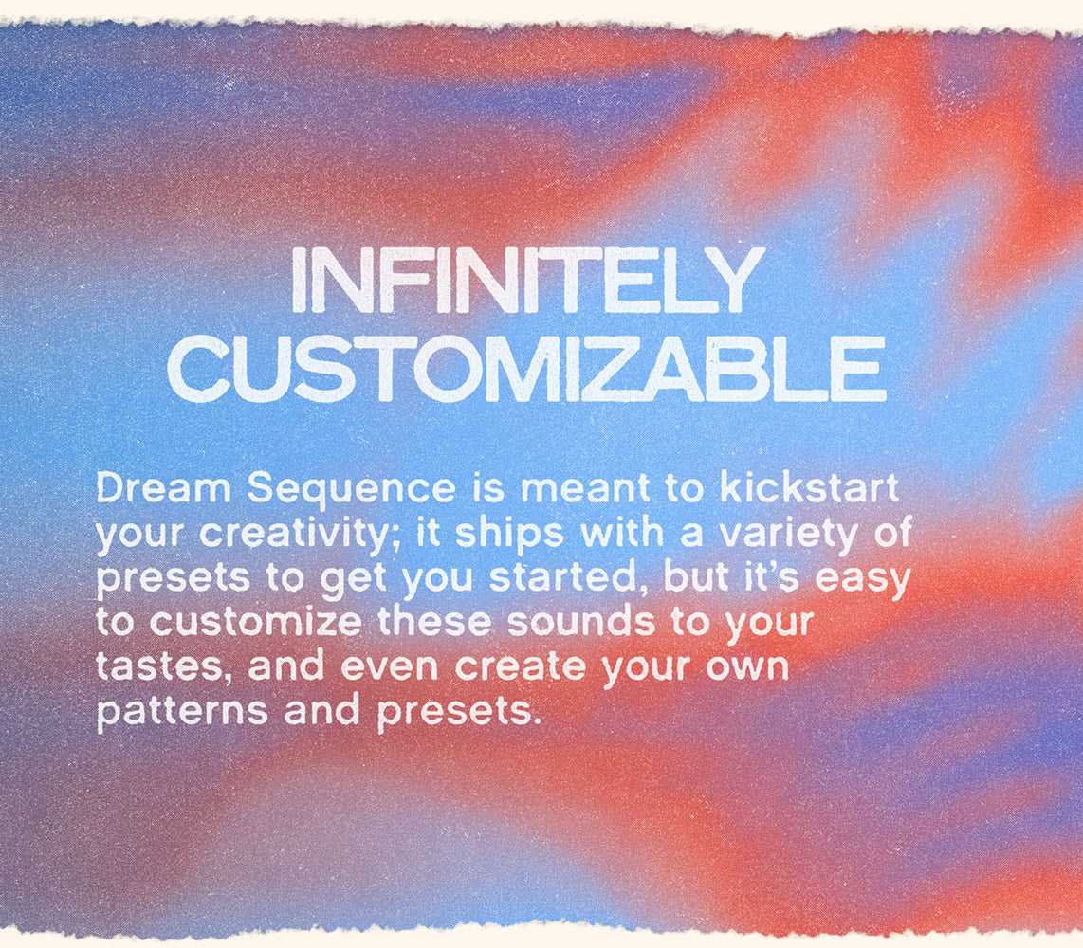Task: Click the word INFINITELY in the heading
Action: (527, 282)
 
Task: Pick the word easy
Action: (859, 577)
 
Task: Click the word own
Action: (752, 666)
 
